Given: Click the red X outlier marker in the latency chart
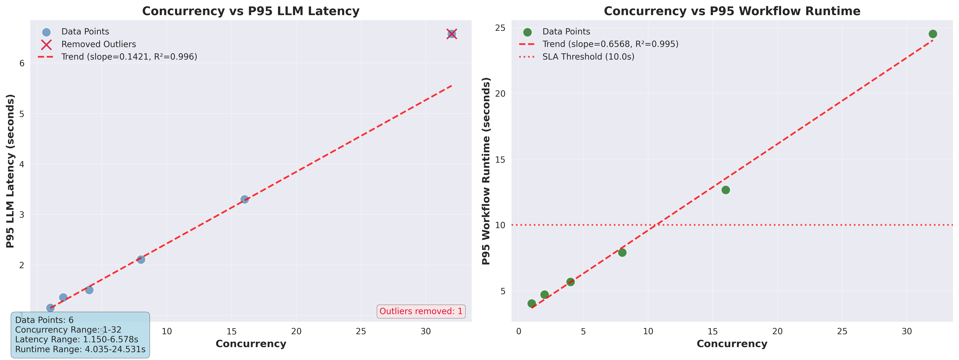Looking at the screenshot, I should coord(452,34).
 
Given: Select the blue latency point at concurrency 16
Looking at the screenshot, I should coord(245,200).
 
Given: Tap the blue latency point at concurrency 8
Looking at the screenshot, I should coord(141,260).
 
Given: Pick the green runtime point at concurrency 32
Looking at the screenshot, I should coord(933,34).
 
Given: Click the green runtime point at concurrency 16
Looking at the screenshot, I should coord(725,190).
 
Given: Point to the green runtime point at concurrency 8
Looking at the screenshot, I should coord(622,252).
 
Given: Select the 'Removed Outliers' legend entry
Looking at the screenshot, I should coord(99,44).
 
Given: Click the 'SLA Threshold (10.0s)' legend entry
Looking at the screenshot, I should coord(588,57).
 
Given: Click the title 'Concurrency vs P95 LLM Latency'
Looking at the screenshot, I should coord(251,11).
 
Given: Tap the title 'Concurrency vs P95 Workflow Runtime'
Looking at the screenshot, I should coord(732,11).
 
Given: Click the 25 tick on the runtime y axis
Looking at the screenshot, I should coord(501,28).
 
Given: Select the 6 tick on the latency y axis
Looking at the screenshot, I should coord(22,63).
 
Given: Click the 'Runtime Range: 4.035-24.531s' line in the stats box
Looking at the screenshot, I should coord(80,349).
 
